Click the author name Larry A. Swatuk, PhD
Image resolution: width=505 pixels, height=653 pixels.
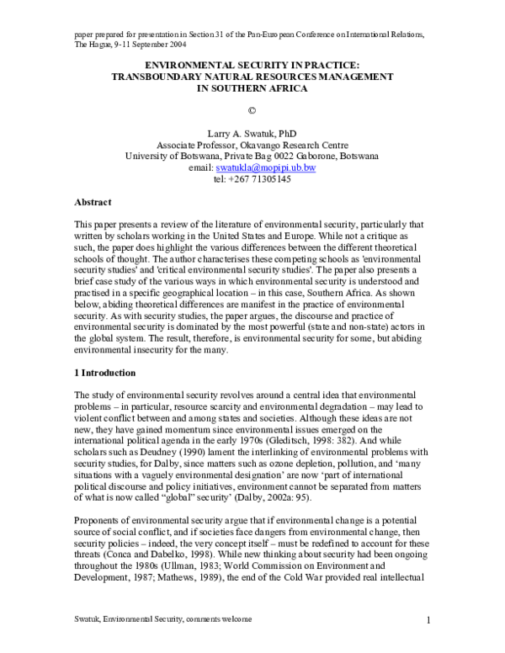[x=252, y=133]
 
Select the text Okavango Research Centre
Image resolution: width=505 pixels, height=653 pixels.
[x=290, y=145]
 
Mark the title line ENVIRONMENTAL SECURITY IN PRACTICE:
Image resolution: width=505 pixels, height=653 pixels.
[x=252, y=64]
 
